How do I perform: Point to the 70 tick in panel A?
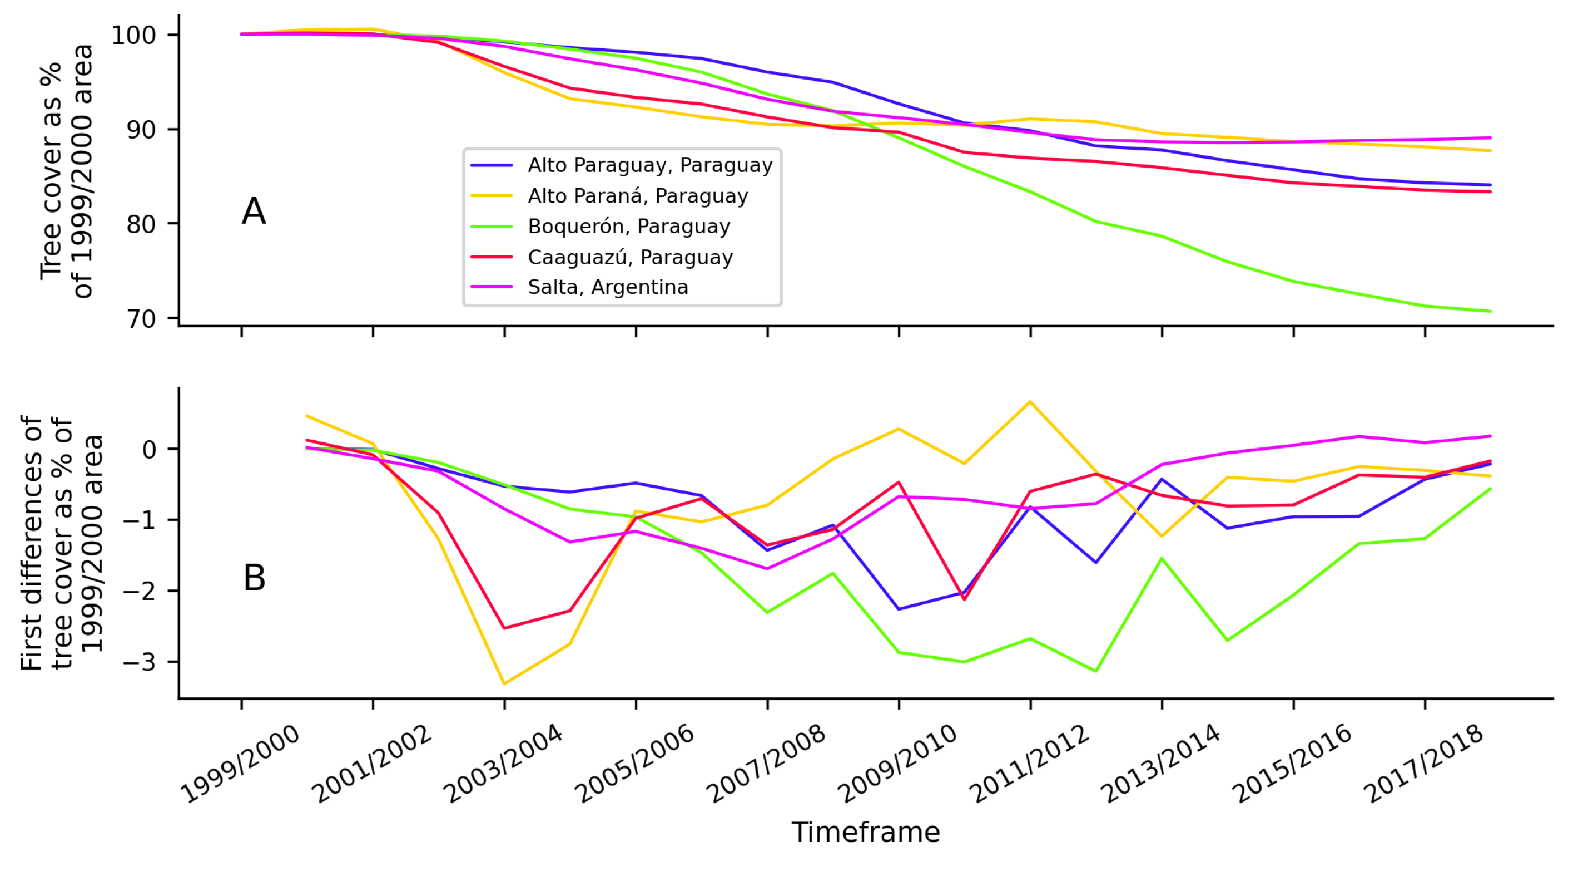(141, 319)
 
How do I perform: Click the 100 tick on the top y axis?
(133, 35)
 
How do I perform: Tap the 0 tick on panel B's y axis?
(149, 450)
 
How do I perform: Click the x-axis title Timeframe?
(866, 832)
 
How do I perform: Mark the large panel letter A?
(254, 211)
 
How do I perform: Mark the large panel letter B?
(254, 578)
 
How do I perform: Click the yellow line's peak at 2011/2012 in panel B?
(1030, 402)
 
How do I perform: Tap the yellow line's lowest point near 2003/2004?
(504, 683)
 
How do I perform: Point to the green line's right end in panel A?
(1490, 312)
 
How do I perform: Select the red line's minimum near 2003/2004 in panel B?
(504, 628)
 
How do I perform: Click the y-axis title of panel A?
(66, 171)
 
